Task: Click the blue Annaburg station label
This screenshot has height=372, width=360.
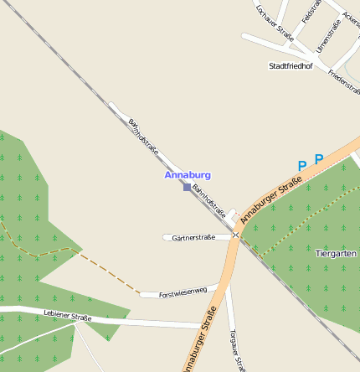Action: tap(188, 175)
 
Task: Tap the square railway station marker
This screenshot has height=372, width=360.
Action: tap(187, 187)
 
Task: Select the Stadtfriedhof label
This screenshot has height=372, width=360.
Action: tap(291, 65)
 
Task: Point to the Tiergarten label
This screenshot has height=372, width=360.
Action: tap(336, 252)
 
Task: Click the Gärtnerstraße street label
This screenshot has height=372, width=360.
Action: tap(193, 238)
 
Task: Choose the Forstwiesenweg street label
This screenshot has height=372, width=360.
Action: tap(183, 292)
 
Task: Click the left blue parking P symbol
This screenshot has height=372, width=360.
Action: tap(302, 166)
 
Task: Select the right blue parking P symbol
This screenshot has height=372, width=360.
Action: tap(318, 158)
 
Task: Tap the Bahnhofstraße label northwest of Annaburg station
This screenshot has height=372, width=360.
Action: tap(144, 137)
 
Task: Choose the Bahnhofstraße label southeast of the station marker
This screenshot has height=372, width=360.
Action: tap(209, 201)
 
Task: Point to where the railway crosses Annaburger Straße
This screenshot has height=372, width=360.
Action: tap(238, 235)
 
